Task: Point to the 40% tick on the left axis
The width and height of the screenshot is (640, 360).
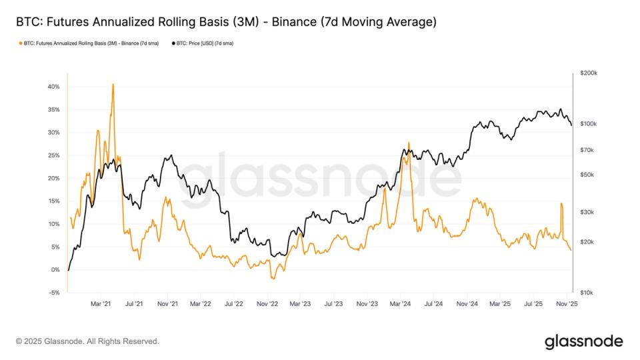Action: click(x=54, y=87)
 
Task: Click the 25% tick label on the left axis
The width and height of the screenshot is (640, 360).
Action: click(x=54, y=155)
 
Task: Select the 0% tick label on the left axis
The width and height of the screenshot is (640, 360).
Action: click(x=56, y=270)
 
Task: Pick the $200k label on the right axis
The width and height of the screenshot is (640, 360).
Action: click(x=589, y=73)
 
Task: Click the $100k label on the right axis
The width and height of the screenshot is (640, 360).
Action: click(x=589, y=124)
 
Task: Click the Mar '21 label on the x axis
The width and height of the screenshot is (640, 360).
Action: click(x=101, y=304)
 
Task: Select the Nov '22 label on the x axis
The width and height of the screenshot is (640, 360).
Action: click(x=267, y=304)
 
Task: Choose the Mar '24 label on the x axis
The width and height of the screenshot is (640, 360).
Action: click(x=400, y=304)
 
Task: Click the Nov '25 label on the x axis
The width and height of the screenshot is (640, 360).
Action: click(x=566, y=304)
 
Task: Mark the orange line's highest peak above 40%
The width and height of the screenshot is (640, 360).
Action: click(x=113, y=84)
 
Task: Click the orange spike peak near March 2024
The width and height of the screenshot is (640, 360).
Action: click(x=408, y=143)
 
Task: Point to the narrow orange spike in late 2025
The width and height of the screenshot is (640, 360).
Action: click(x=561, y=204)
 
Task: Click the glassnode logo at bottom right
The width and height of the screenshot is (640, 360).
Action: click(x=583, y=341)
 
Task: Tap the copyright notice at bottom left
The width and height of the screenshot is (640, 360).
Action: click(x=87, y=341)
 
